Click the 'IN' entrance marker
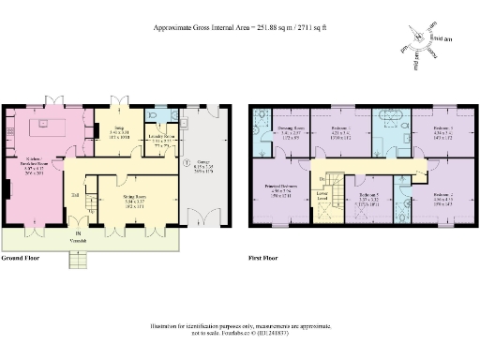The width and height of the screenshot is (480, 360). point(79,233)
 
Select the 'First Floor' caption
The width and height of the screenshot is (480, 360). point(264,257)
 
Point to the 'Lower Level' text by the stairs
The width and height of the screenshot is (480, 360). point(323,198)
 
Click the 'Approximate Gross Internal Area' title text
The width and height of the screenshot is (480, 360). point(239,28)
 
